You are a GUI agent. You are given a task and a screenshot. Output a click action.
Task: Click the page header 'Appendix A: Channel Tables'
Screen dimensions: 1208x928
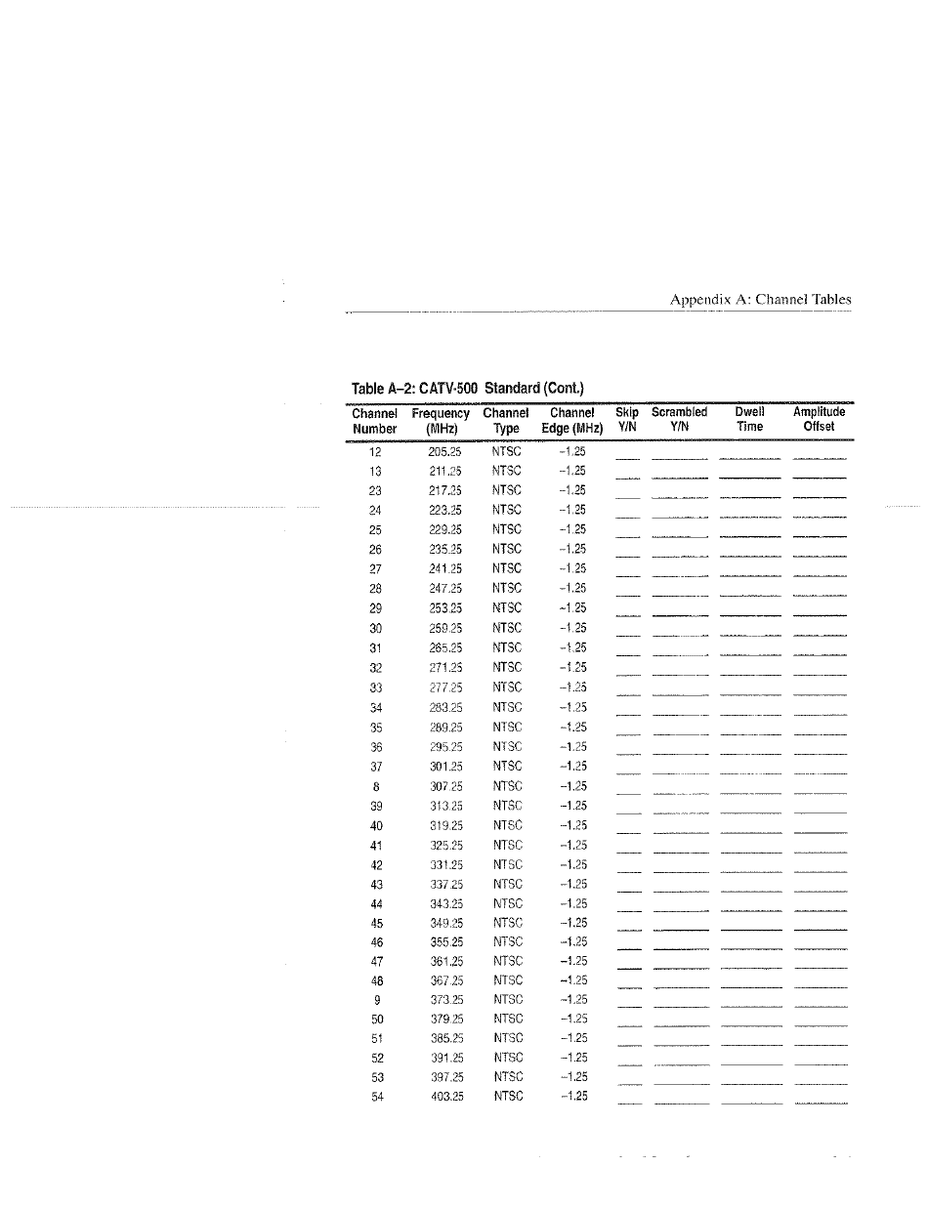[760, 300]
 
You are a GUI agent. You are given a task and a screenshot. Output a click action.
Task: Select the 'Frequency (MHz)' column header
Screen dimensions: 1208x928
[441, 420]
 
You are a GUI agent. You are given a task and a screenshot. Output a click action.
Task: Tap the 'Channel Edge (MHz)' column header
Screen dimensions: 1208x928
[572, 420]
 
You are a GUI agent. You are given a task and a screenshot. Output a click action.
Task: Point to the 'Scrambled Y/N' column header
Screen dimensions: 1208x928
[679, 420]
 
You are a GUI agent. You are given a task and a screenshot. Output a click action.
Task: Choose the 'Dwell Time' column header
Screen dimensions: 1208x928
[749, 420]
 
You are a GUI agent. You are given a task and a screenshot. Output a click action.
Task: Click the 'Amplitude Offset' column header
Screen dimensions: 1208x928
[819, 420]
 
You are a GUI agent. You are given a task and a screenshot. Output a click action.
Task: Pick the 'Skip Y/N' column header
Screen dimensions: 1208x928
[627, 420]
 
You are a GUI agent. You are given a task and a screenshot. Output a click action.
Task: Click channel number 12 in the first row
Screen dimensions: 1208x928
[375, 451]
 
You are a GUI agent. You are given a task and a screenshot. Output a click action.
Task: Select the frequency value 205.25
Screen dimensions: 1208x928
[445, 451]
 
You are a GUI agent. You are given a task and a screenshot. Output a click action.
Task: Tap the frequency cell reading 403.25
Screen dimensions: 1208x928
[445, 1097]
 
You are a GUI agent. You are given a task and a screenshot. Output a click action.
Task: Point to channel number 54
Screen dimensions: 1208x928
[376, 1097]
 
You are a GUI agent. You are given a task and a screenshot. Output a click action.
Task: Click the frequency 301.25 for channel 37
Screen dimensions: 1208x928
[445, 766]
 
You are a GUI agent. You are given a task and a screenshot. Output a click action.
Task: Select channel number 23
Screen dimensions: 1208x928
[375, 490]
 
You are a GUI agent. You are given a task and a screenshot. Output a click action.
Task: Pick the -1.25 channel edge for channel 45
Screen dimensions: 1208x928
[572, 923]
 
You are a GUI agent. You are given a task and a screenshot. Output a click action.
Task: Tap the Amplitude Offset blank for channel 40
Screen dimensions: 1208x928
[820, 831]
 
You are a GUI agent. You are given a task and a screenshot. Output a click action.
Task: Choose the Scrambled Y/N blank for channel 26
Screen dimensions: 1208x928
[680, 556]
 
